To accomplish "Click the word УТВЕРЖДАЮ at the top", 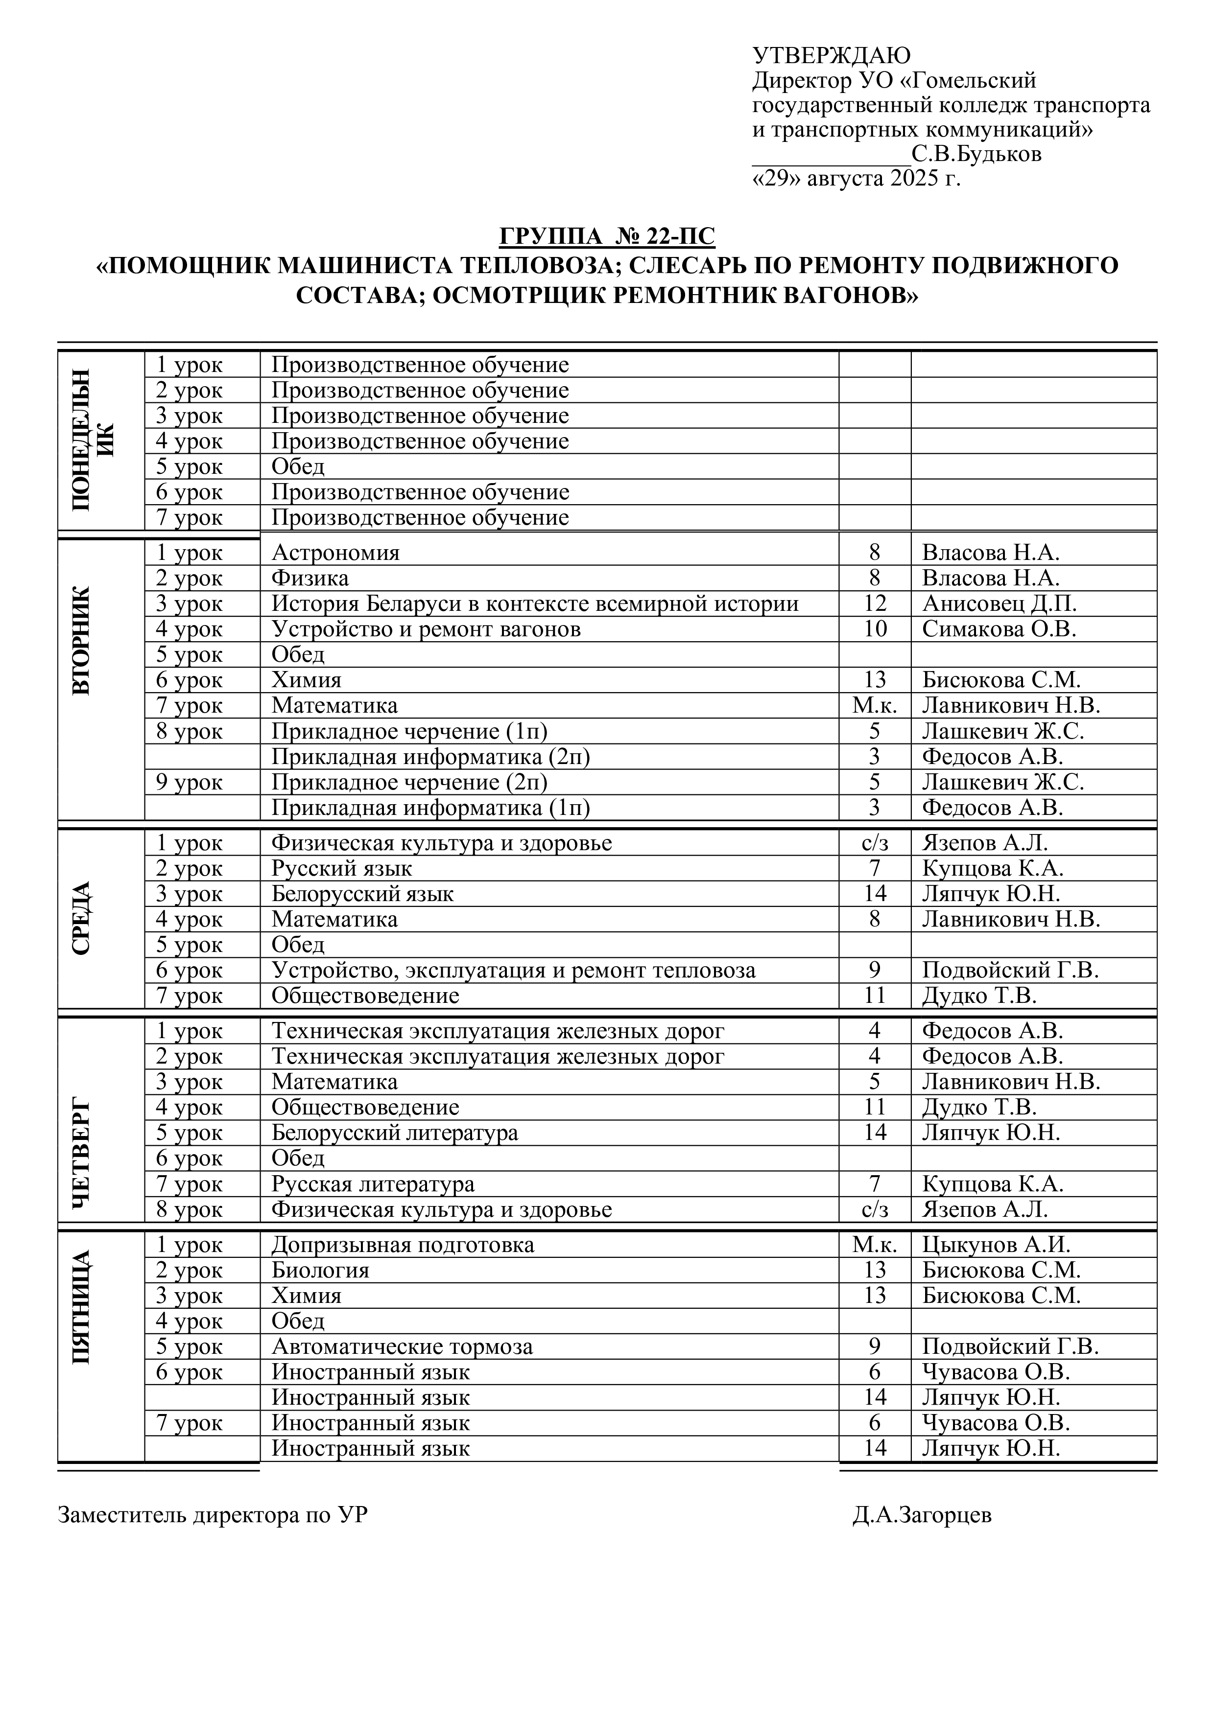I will pos(831,55).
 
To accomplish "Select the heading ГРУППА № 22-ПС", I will pos(607,236).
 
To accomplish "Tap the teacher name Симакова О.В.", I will pos(999,629).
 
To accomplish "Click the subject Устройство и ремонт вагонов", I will pos(426,629).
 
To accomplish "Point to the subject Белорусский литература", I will pos(394,1133).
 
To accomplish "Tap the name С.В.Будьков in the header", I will pos(977,155).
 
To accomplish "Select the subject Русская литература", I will pos(373,1184).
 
